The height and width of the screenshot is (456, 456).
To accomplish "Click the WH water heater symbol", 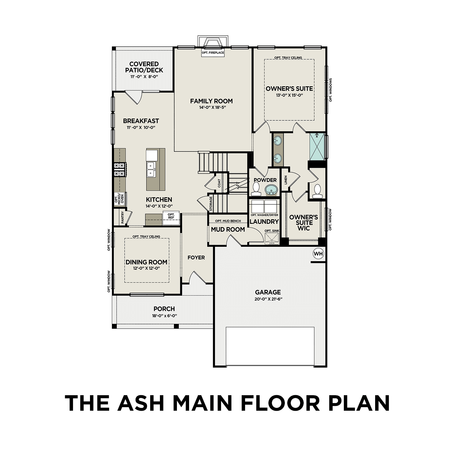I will (x=318, y=254).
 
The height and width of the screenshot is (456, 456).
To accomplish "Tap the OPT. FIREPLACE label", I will (x=213, y=53).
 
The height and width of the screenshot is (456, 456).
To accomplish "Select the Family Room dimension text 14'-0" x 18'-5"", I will (x=212, y=107).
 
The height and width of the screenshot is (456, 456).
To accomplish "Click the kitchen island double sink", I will (x=151, y=169).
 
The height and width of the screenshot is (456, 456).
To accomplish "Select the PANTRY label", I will (x=123, y=218).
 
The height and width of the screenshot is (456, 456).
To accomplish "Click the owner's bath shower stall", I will (x=317, y=147).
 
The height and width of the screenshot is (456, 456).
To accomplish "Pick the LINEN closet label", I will (x=285, y=180).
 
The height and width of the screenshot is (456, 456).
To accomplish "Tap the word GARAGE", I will (x=268, y=292).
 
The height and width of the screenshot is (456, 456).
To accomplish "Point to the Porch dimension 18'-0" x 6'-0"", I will (x=164, y=316).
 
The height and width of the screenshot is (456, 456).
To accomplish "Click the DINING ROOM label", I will (x=147, y=262).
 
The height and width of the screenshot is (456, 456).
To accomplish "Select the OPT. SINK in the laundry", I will (x=271, y=237).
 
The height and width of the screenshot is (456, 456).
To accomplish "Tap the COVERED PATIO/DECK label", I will (x=144, y=67).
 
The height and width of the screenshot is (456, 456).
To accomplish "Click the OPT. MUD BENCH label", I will (x=228, y=221).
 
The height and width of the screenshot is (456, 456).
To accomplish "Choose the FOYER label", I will (x=196, y=258).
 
